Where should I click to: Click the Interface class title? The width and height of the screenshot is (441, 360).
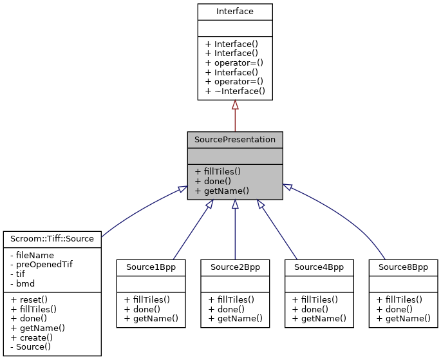coord(235,11)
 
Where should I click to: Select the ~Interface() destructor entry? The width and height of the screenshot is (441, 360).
coord(235,91)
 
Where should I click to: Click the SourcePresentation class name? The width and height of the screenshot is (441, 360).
coord(235,139)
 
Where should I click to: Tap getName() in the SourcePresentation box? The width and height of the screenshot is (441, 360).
coord(218,191)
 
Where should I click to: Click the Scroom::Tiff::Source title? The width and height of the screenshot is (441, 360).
coord(52,238)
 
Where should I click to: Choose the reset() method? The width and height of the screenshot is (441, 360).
coord(26,299)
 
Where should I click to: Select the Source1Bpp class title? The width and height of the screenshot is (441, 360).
coord(151,267)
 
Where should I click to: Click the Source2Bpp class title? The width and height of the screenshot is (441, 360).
coord(235,267)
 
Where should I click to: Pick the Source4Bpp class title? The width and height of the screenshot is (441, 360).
coord(319,267)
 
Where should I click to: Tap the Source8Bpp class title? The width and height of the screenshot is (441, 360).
coord(403,267)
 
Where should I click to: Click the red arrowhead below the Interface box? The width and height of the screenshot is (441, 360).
coord(235,105)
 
